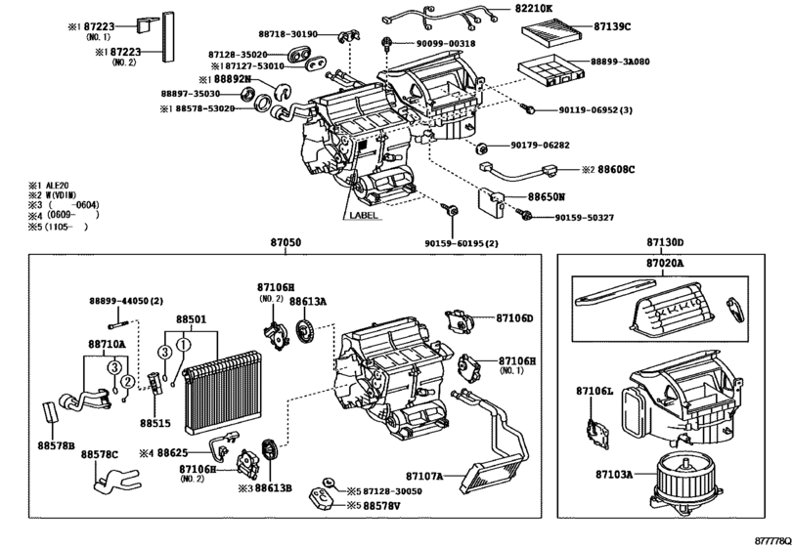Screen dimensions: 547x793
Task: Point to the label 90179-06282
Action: (x=539, y=145)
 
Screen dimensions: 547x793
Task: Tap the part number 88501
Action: (x=192, y=319)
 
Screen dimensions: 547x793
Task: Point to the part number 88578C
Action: (x=99, y=455)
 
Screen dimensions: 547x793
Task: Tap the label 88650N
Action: (x=548, y=196)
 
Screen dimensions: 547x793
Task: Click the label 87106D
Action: (x=514, y=318)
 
